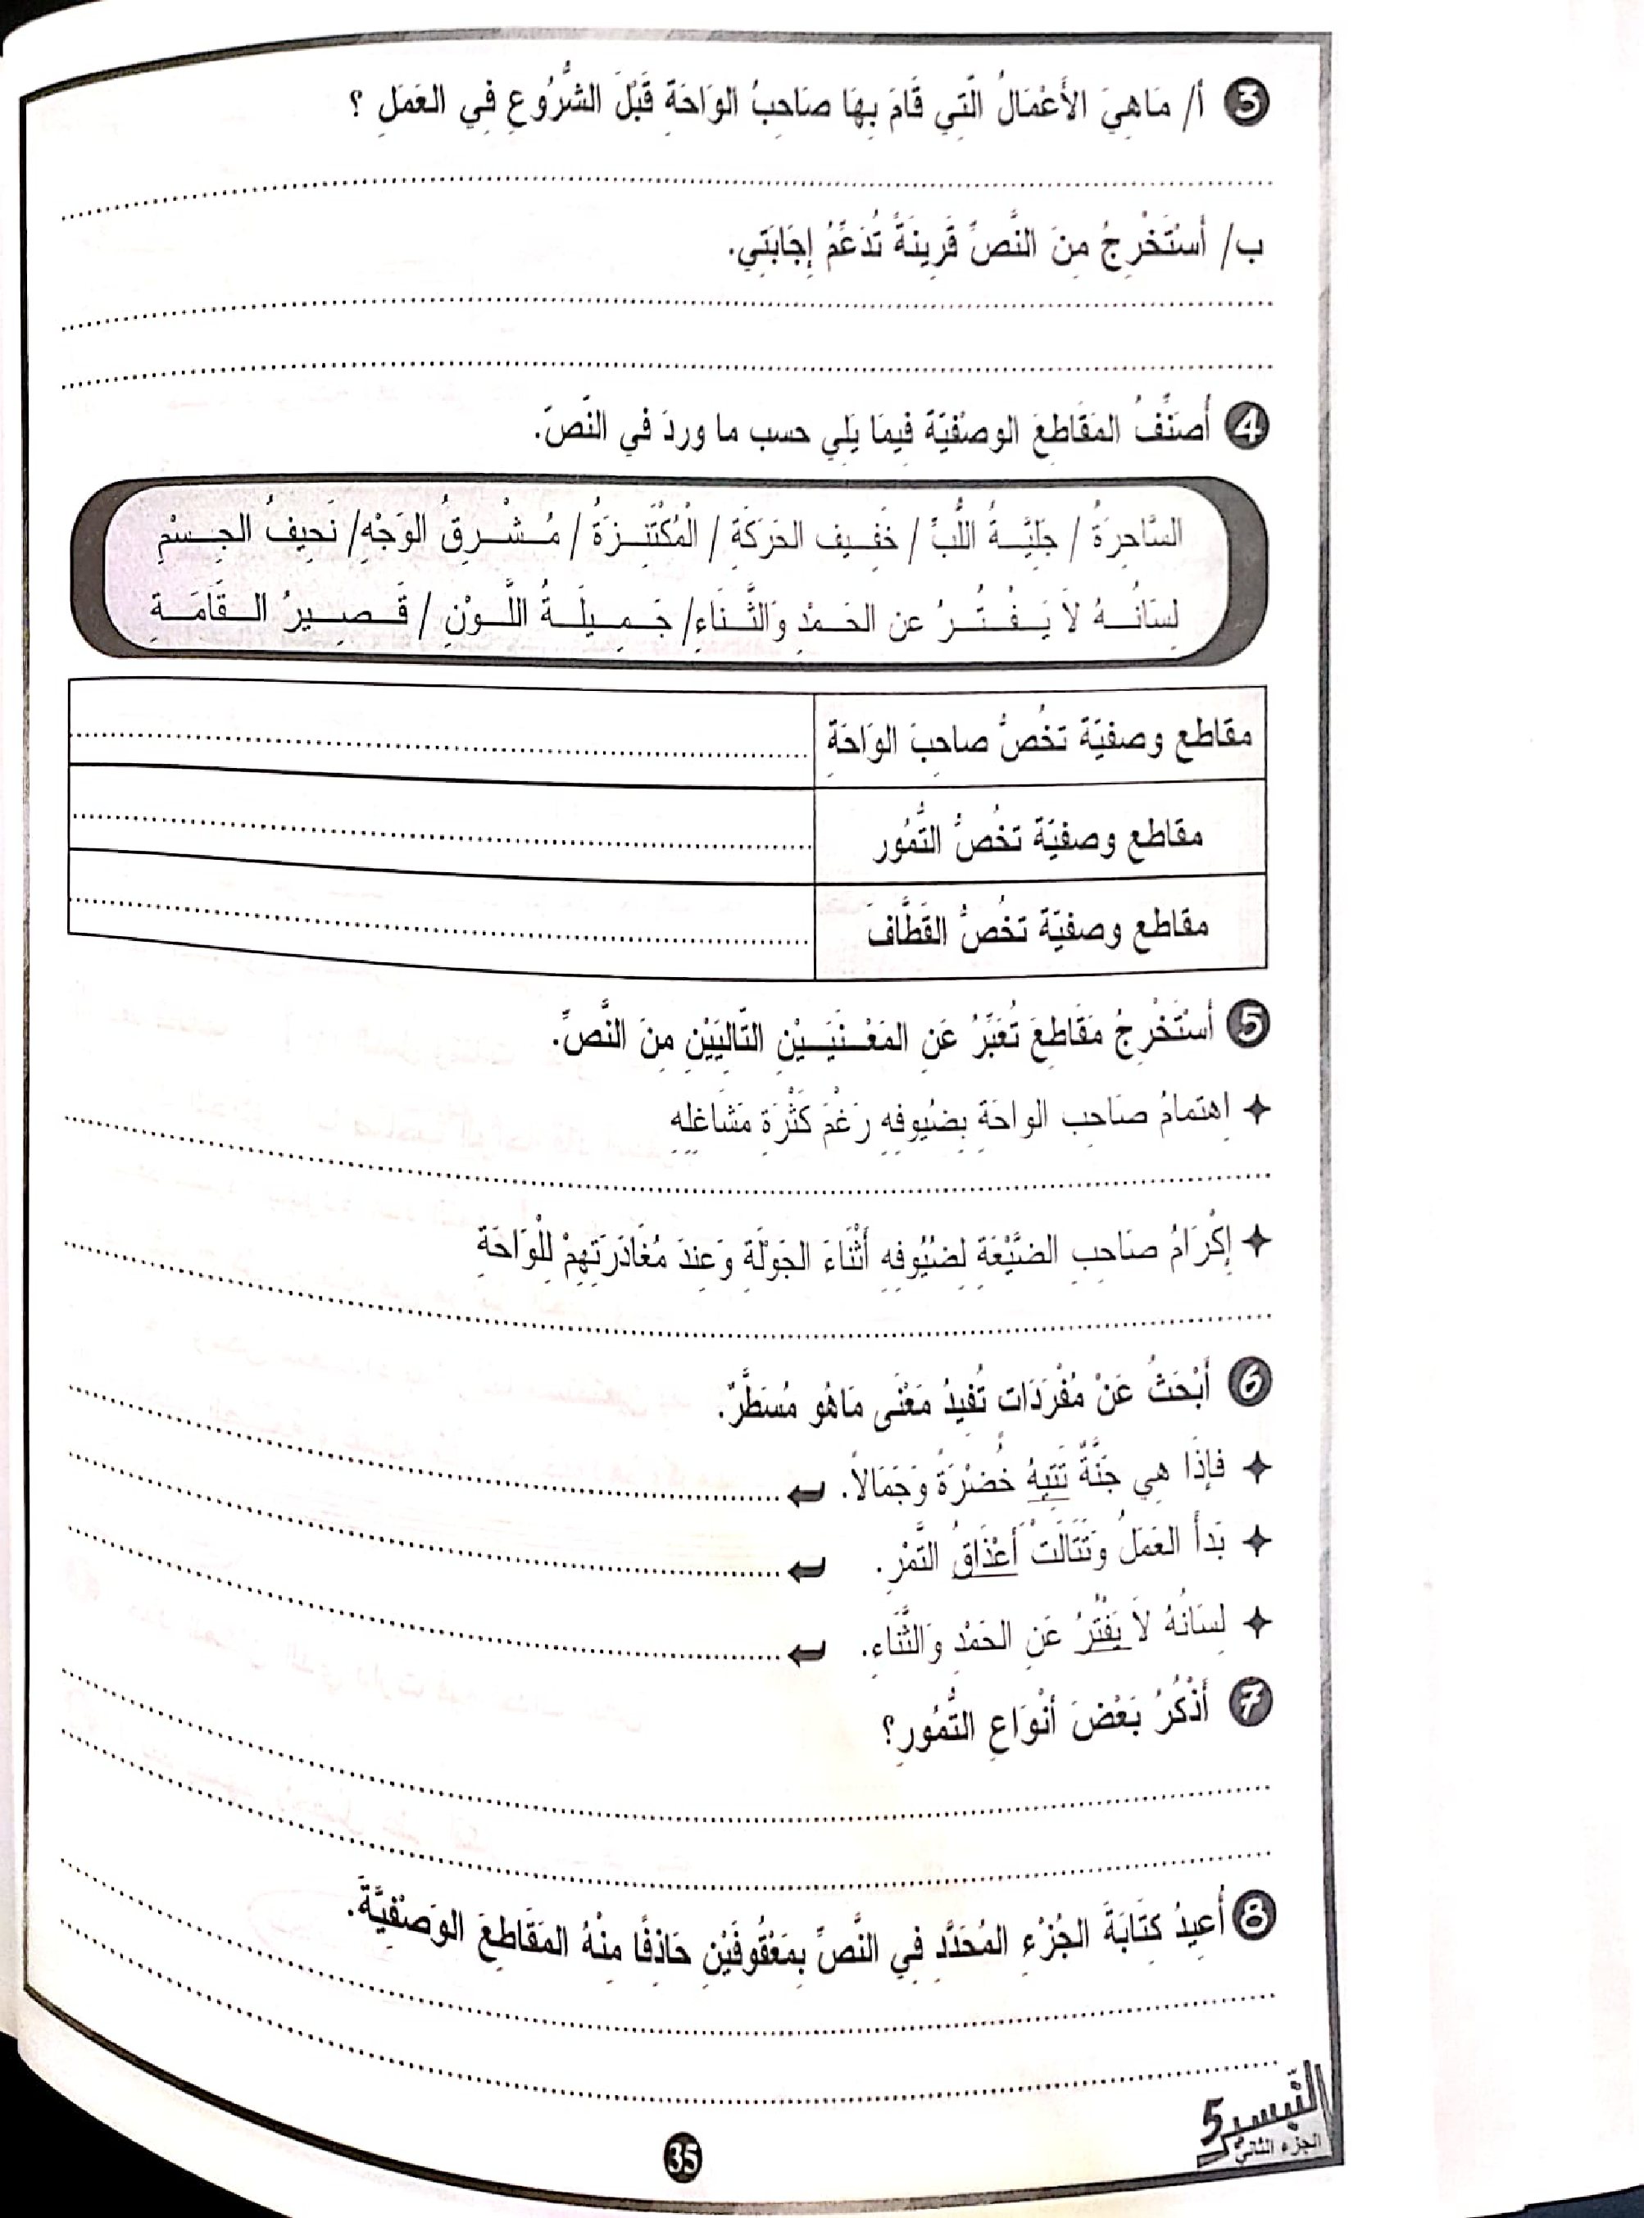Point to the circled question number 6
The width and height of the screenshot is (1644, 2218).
point(1250,1387)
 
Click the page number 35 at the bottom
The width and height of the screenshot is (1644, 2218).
point(683,2156)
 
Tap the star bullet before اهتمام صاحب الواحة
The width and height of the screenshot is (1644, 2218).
point(1260,1111)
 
